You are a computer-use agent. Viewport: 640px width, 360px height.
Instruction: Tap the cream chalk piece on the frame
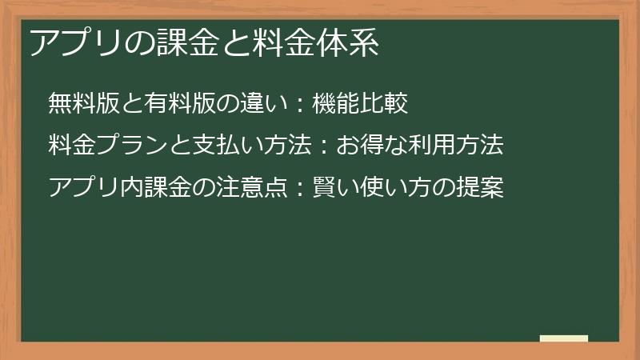coord(564,338)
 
